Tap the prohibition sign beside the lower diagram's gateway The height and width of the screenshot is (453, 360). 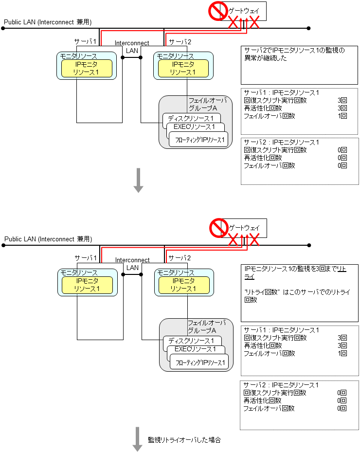tap(218, 228)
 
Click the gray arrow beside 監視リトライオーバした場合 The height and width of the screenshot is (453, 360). tap(138, 440)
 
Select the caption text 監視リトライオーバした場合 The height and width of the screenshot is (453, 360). tap(184, 440)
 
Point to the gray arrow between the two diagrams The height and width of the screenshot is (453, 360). tap(139, 180)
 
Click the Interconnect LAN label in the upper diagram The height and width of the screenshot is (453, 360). tap(132, 46)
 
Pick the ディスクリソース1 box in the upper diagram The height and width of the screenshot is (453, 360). tap(191, 118)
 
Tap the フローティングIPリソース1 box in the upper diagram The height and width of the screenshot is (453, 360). tap(199, 140)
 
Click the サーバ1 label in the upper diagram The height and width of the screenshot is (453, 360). tap(85, 41)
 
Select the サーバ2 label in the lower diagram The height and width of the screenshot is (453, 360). tap(180, 257)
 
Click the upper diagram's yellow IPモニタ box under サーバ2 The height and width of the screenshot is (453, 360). tap(183, 68)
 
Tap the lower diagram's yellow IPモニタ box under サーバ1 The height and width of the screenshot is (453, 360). tap(87, 285)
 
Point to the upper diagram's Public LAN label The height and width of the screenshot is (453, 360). tap(48, 22)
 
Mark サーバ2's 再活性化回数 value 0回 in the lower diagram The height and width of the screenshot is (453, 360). tap(342, 400)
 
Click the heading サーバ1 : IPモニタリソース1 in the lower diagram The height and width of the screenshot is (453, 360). tap(281, 330)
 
